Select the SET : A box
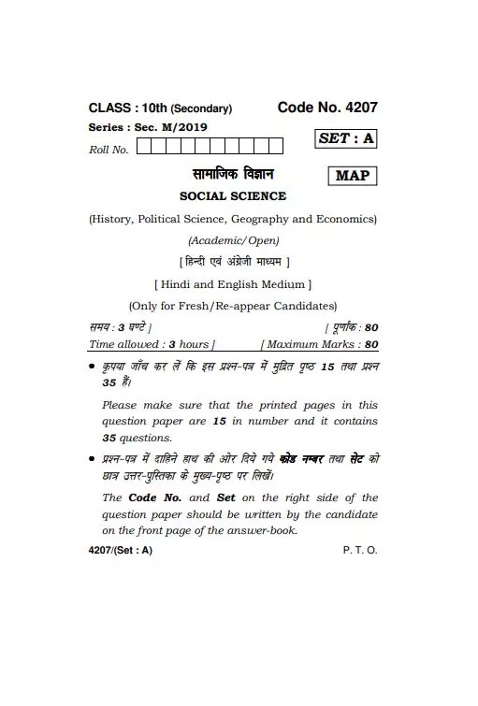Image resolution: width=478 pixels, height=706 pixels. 345,138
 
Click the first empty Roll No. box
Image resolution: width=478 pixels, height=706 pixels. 144,145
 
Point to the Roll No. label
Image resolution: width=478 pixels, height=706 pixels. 109,149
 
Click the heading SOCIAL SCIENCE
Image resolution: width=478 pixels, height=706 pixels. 232,196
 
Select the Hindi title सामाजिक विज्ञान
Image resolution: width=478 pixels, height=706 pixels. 232,175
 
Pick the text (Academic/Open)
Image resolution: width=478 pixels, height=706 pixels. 232,240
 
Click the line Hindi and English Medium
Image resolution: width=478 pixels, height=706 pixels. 232,283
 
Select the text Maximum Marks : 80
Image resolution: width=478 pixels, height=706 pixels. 321,345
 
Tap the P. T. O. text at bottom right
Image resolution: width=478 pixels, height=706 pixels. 360,550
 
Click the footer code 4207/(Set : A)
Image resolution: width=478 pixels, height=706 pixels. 120,550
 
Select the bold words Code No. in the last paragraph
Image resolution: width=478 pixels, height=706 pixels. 155,497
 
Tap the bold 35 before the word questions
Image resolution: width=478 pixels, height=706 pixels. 109,438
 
